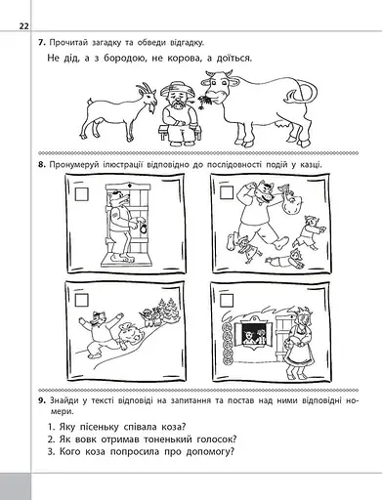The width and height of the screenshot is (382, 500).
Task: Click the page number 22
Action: (x=24, y=26)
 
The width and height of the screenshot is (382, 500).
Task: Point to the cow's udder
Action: (x=280, y=125)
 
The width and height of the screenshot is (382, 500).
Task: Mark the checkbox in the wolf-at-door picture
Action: (x=81, y=194)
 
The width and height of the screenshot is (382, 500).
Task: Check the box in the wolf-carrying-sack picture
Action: (x=227, y=192)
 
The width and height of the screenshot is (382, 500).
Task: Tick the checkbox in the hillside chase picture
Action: (x=81, y=300)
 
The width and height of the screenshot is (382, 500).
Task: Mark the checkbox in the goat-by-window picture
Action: (x=227, y=300)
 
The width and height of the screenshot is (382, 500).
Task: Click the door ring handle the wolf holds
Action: (x=143, y=229)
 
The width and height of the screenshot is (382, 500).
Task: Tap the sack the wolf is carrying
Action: (x=289, y=201)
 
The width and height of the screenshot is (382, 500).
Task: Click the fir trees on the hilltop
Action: (x=166, y=307)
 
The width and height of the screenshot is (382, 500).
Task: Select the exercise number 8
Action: (x=42, y=165)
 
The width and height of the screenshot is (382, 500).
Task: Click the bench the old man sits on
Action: (x=180, y=133)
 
